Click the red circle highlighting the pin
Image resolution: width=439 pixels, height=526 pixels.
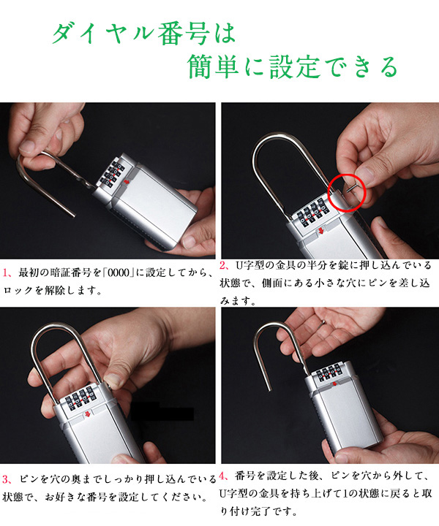(x=347, y=176)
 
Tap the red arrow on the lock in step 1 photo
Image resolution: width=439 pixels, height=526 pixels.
(x=127, y=182)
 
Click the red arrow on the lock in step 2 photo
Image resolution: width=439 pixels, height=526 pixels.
(x=320, y=230)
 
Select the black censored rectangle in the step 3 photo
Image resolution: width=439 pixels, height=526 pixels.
(x=162, y=411)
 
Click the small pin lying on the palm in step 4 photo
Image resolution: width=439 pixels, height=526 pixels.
(x=323, y=323)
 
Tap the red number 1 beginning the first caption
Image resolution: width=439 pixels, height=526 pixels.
(x=5, y=272)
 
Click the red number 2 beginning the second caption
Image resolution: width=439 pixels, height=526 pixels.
(x=223, y=265)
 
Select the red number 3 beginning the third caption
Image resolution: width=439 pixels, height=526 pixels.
(x=6, y=479)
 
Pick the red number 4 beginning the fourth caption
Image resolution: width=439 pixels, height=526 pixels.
(x=223, y=476)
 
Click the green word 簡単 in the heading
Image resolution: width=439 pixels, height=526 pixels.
(x=213, y=66)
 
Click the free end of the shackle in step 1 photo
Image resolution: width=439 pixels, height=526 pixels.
(x=72, y=216)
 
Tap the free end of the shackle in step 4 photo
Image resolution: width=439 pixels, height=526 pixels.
(x=269, y=389)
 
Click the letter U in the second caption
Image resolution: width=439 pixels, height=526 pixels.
(x=239, y=266)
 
